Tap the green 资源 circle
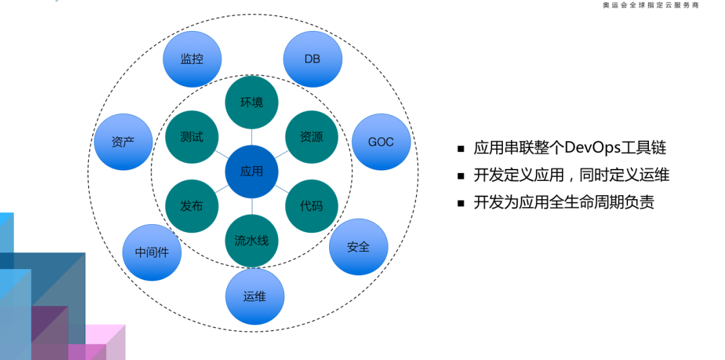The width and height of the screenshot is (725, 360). point(312,137)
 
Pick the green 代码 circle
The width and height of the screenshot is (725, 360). point(312,206)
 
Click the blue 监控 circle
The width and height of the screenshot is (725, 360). point(192,59)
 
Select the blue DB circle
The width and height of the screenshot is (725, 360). point(312,59)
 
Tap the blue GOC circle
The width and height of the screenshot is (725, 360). point(381,142)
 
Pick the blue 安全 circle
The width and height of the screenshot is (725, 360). point(358,247)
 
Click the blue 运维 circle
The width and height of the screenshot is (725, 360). point(254,296)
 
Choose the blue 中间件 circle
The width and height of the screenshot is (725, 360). point(151,253)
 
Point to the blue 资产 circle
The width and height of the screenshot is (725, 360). point(123,142)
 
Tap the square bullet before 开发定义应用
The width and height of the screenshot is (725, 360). point(461,176)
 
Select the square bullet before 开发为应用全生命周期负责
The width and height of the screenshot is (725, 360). point(461,203)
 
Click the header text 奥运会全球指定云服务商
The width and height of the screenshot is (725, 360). point(650,5)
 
